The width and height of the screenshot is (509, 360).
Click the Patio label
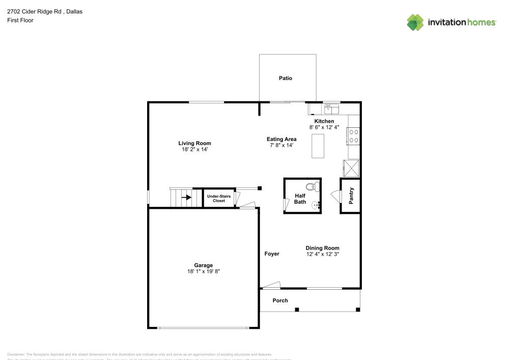click(x=286, y=78)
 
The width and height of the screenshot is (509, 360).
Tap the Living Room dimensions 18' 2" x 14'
click(x=194, y=150)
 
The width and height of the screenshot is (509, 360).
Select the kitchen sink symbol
click(x=332, y=108)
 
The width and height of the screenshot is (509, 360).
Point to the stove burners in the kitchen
click(x=354, y=136)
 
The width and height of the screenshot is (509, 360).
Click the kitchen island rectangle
click(x=318, y=146)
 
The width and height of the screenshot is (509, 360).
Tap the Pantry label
click(x=351, y=196)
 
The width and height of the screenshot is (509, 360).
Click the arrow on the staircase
click(x=186, y=198)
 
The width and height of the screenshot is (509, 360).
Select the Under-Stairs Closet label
click(x=219, y=198)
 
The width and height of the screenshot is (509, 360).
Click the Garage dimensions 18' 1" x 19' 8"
click(x=203, y=272)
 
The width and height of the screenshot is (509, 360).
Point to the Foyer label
click(x=272, y=254)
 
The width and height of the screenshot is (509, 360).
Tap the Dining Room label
click(x=322, y=248)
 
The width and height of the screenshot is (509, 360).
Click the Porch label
click(x=280, y=300)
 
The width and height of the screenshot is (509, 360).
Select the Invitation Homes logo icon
click(x=415, y=22)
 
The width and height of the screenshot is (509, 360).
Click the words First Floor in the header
click(x=20, y=20)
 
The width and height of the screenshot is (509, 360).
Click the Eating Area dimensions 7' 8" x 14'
click(x=281, y=146)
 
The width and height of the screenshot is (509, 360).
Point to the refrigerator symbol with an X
click(x=351, y=167)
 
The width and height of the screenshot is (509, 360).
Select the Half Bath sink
click(x=317, y=205)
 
